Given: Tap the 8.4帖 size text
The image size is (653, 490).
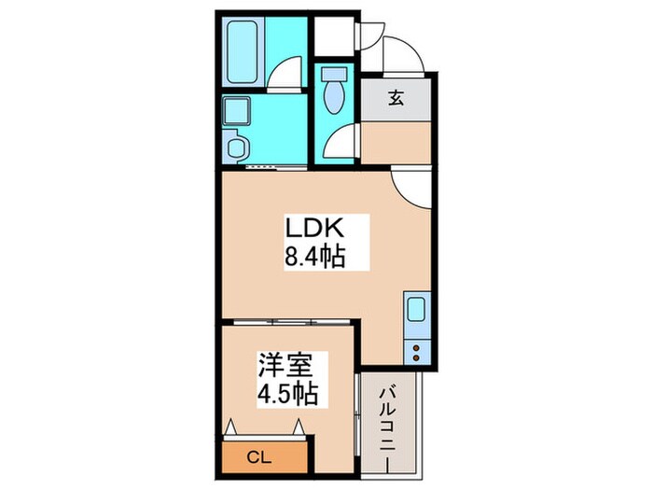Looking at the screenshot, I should (315, 257).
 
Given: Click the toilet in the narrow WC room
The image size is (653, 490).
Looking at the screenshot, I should (333, 90).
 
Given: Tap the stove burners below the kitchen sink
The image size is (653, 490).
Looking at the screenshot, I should (415, 352).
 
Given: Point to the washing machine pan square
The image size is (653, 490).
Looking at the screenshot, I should (239, 111).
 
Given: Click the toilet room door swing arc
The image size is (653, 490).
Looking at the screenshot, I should (342, 142).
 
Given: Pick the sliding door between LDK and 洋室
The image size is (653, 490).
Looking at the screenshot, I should (289, 322).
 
